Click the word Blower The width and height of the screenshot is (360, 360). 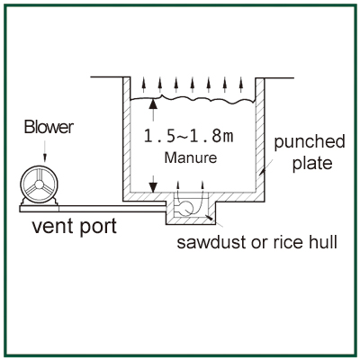pyautogui.click(x=49, y=127)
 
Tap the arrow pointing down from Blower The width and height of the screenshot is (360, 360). pyautogui.click(x=45, y=151)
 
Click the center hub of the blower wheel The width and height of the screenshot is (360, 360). pyautogui.click(x=39, y=184)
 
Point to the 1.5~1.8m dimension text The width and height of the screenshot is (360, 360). pyautogui.click(x=188, y=136)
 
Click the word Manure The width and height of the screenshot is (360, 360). pyautogui.click(x=191, y=157)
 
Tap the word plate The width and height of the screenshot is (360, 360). pyautogui.click(x=312, y=164)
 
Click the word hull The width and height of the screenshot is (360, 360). pyautogui.click(x=322, y=241)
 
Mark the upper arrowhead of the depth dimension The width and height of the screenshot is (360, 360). pyautogui.click(x=153, y=103)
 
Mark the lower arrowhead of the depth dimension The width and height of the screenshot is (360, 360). pyautogui.click(x=153, y=187)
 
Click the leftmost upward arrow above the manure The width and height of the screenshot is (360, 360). pyautogui.click(x=144, y=85)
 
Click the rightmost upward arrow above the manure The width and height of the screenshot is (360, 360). pyautogui.click(x=240, y=85)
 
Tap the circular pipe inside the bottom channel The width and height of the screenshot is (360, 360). pyautogui.click(x=186, y=208)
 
